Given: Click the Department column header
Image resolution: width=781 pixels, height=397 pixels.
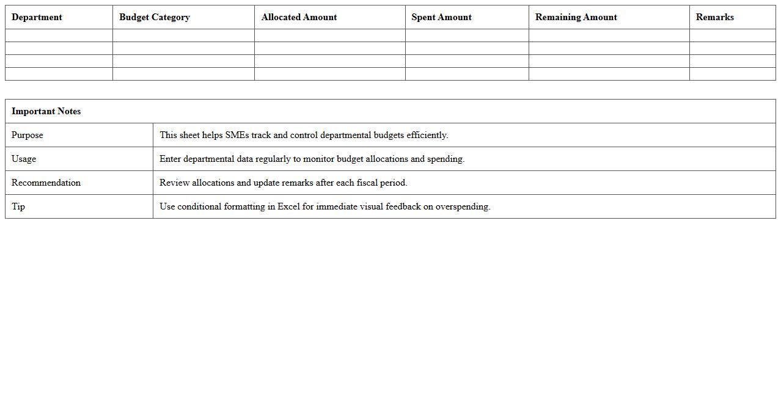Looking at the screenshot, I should [x=37, y=17].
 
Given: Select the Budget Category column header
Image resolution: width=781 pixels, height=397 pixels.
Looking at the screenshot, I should [x=154, y=17].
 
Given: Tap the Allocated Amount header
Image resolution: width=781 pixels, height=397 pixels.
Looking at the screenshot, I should [x=299, y=17].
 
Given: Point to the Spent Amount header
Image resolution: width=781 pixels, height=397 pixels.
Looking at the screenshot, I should [x=441, y=17].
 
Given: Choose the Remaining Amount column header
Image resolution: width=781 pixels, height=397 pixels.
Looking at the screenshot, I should [x=576, y=17].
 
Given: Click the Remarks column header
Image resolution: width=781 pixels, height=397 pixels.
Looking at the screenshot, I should [x=714, y=17].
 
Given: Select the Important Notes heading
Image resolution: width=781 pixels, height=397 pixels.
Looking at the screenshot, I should [x=46, y=111].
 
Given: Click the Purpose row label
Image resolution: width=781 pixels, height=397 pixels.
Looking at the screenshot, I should [x=28, y=135].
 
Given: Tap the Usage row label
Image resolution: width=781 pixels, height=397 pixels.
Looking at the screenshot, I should [x=24, y=159].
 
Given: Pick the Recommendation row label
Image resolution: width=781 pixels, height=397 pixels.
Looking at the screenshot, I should [x=46, y=183].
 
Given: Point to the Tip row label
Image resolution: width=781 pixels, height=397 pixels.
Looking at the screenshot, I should [x=18, y=206].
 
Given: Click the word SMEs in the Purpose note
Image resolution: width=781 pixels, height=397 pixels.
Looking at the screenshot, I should [x=237, y=135].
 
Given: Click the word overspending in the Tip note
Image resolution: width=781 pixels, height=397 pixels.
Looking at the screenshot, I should [x=463, y=206].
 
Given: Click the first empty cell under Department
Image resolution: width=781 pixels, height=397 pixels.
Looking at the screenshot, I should [x=59, y=35].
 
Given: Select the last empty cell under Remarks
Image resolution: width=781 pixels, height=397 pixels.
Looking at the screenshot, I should [x=732, y=74].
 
